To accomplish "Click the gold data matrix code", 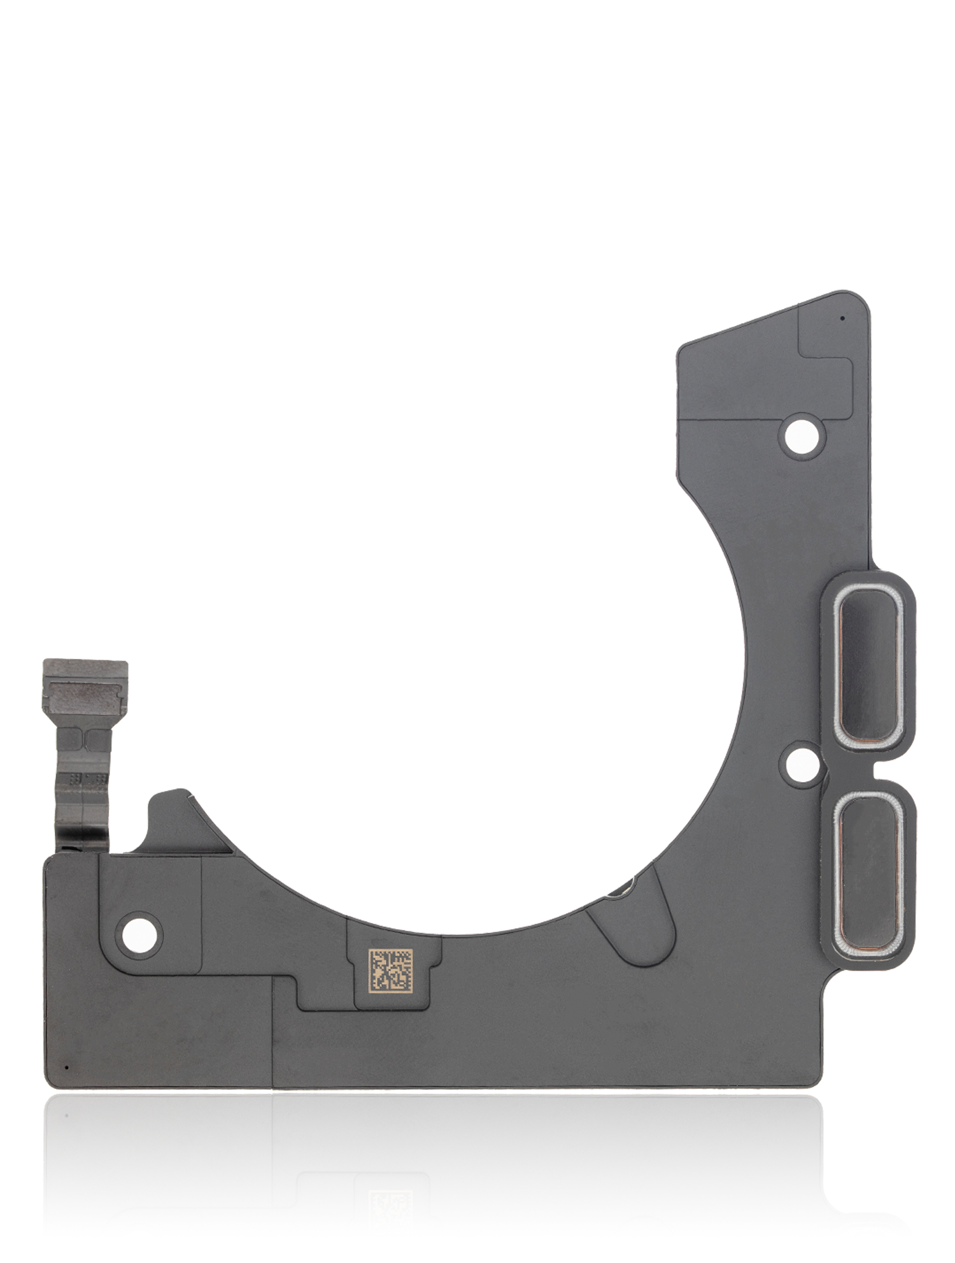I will point(390,970).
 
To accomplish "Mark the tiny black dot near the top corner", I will point(842,318).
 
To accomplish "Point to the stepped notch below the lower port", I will point(834,987).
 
